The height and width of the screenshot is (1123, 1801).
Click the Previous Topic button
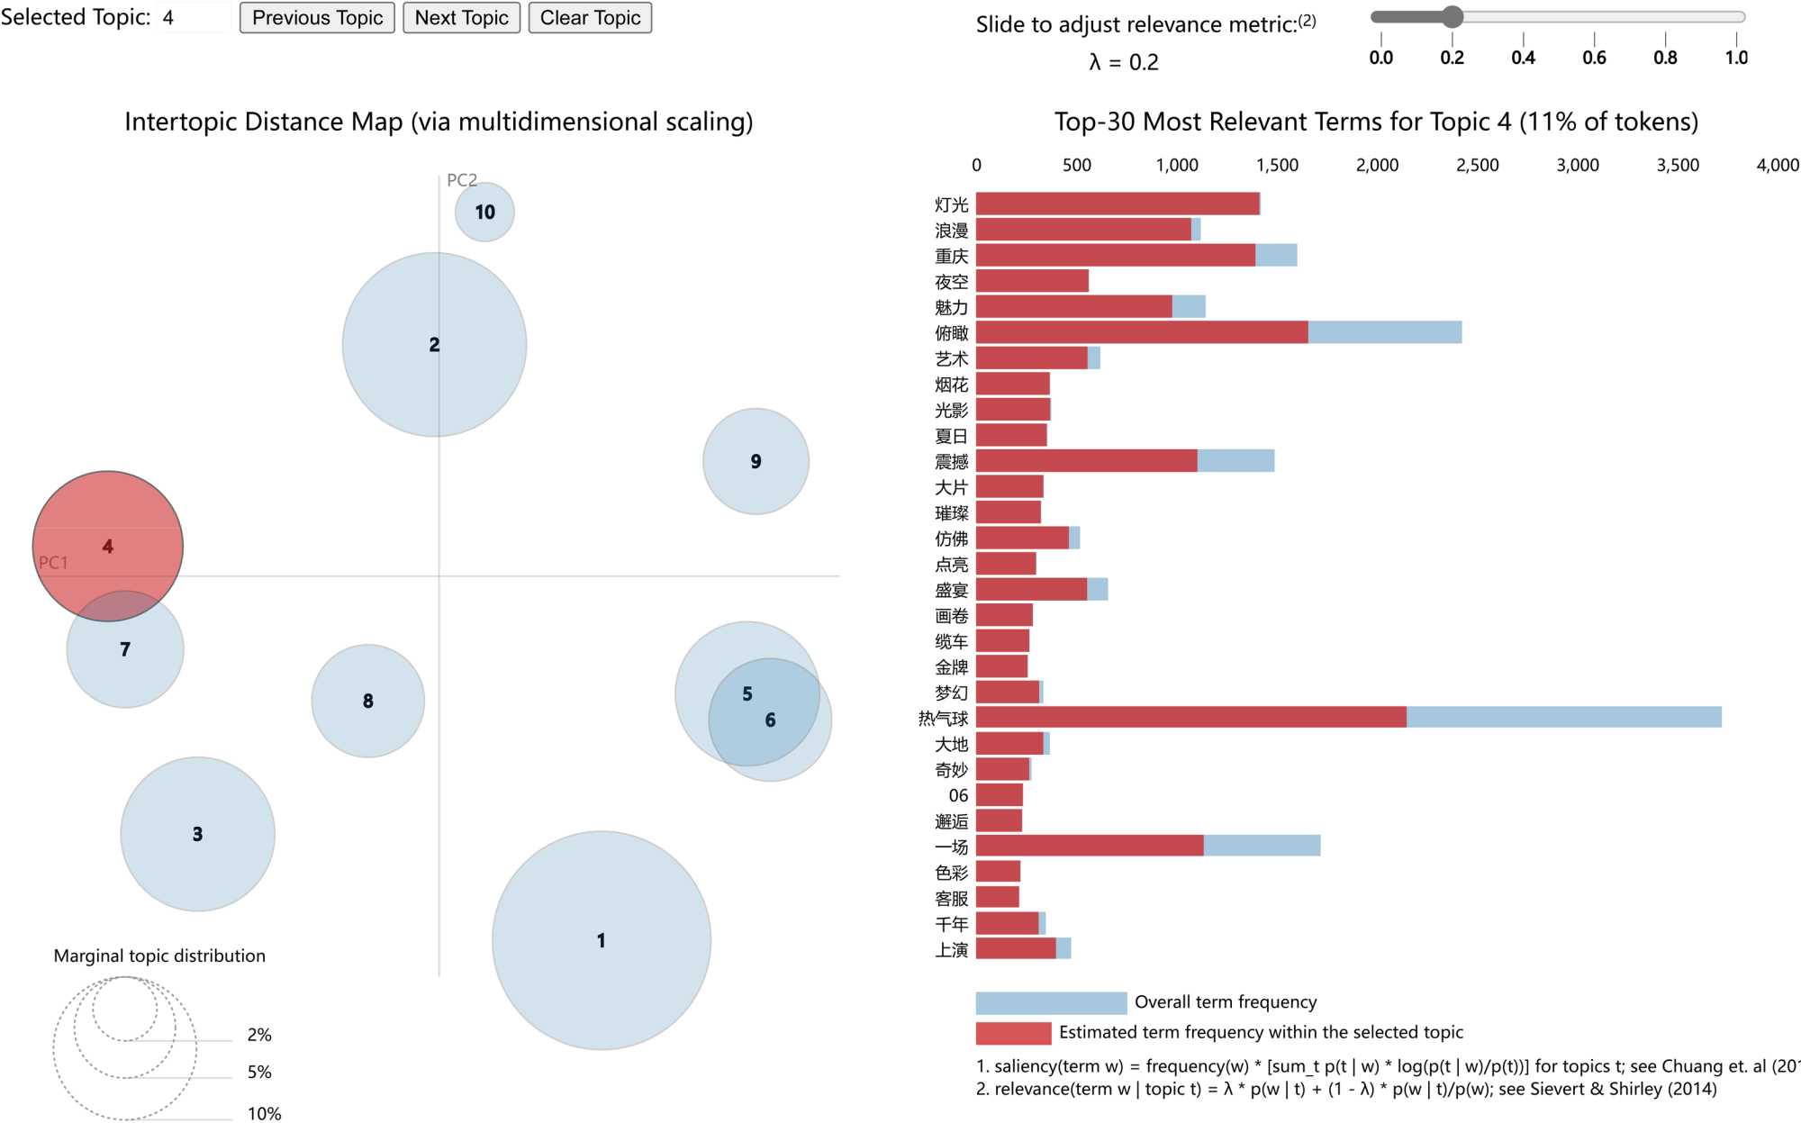coord(317,18)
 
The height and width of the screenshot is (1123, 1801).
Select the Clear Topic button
coord(590,18)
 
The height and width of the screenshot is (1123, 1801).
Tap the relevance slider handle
coord(1452,16)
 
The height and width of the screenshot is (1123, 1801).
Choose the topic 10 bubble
coord(484,212)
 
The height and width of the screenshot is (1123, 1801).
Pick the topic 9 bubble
coord(756,461)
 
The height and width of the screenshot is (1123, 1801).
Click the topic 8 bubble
coord(367,701)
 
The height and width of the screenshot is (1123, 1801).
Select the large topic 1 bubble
coord(601,940)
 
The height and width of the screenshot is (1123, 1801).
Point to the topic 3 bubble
coord(197,834)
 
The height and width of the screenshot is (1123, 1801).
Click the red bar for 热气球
coord(1190,717)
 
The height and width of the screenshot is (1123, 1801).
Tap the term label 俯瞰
coord(951,333)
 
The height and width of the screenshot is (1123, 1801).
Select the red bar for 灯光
coord(1118,204)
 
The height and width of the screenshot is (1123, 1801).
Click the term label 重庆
coord(951,257)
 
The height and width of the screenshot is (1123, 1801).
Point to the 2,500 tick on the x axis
coord(1477,166)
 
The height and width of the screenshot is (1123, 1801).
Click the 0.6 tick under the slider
coord(1594,58)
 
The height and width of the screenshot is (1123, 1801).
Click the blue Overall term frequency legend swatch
coord(1051,1002)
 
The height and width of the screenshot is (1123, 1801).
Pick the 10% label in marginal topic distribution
coord(264,1113)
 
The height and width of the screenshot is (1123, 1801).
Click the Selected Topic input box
coord(194,18)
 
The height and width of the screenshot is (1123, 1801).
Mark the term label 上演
coord(951,950)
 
